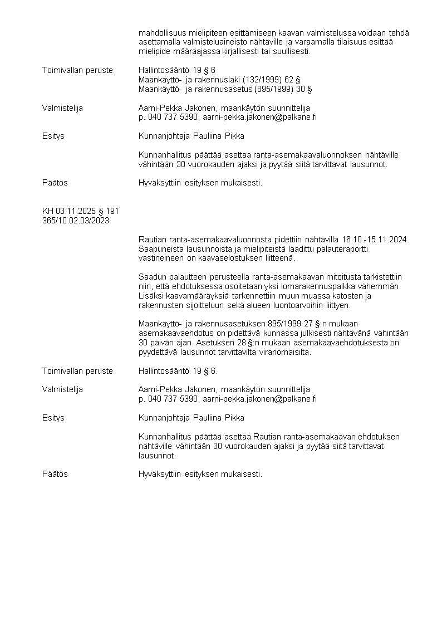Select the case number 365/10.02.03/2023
[76, 220]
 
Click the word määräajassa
[195, 52]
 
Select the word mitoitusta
[323, 277]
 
